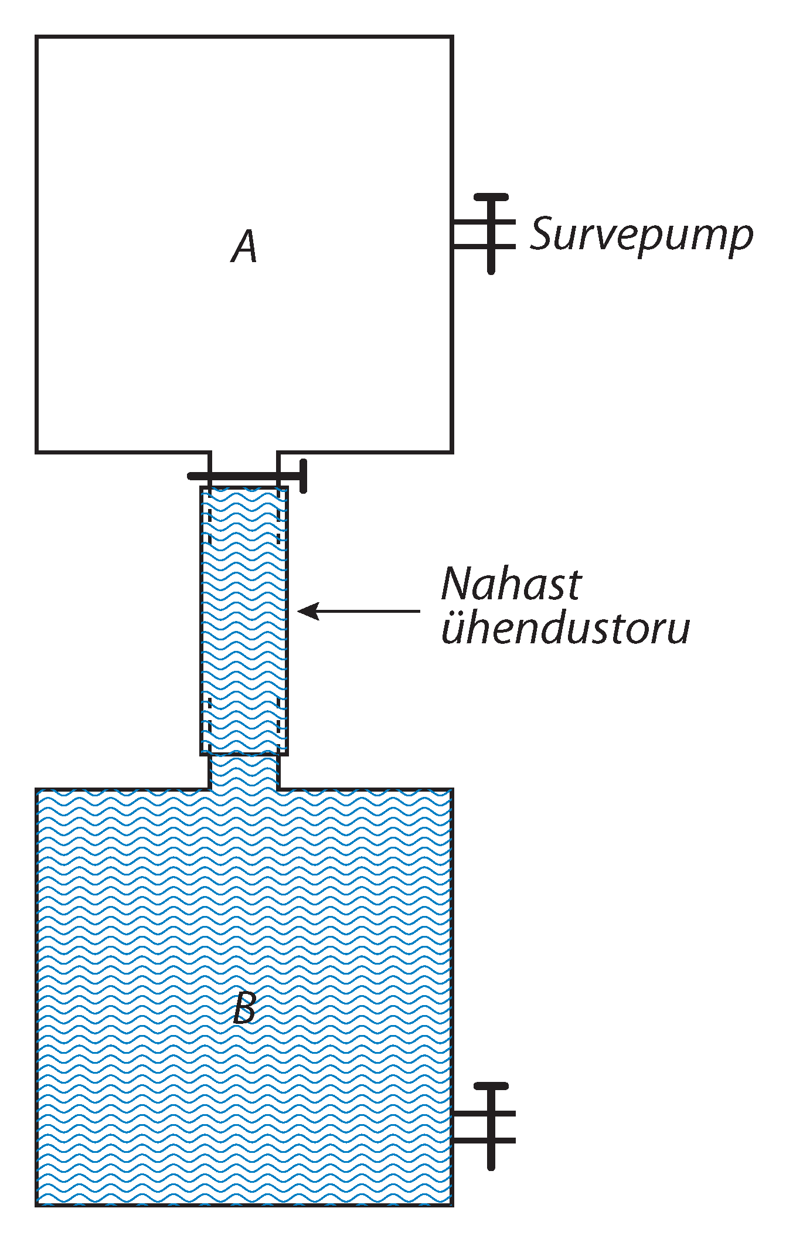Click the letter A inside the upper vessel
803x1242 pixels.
tap(244, 247)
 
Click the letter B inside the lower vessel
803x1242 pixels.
tap(244, 1007)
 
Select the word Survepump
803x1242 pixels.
tap(641, 235)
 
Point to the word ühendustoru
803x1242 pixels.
tap(565, 628)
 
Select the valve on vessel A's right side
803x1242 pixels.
tap(491, 233)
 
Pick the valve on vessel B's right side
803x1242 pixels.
tap(491, 1126)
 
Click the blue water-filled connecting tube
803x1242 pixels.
tap(244, 622)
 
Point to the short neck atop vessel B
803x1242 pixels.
tap(244, 772)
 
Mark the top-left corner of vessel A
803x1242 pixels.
tap(37, 37)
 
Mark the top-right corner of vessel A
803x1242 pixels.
tap(452, 37)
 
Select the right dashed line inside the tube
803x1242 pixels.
tap(278, 622)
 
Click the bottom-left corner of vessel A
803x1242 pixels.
tap(37, 452)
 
